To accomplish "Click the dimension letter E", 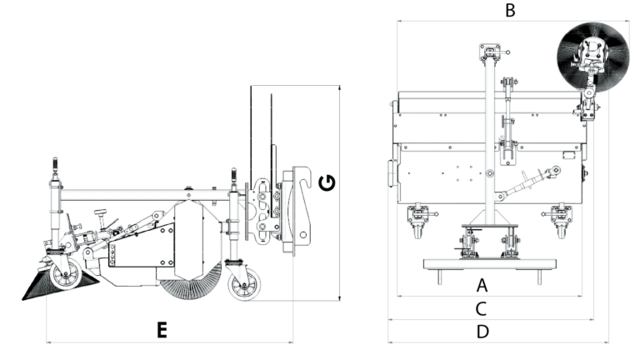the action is pyautogui.click(x=162, y=330).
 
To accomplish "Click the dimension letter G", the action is pyautogui.click(x=327, y=182).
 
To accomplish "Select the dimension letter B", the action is pyautogui.click(x=510, y=10).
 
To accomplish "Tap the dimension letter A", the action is pyautogui.click(x=482, y=285).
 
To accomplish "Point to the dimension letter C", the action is pyautogui.click(x=481, y=309).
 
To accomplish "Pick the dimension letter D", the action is pyautogui.click(x=482, y=332).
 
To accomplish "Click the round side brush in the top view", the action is pyautogui.click(x=593, y=57).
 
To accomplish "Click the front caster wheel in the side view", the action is pyautogui.click(x=65, y=274).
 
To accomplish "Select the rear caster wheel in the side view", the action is pyautogui.click(x=244, y=283).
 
